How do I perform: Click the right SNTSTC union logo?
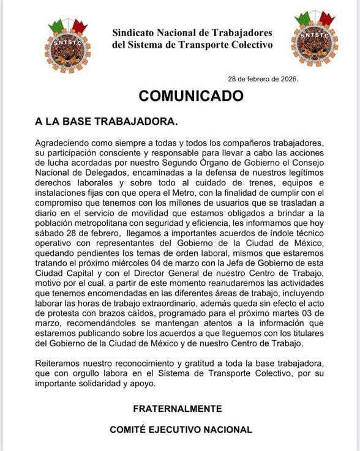click(314, 38)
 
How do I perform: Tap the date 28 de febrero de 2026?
click(263, 79)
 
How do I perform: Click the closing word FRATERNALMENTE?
click(178, 408)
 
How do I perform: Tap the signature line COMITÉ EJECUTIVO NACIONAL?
click(181, 430)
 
